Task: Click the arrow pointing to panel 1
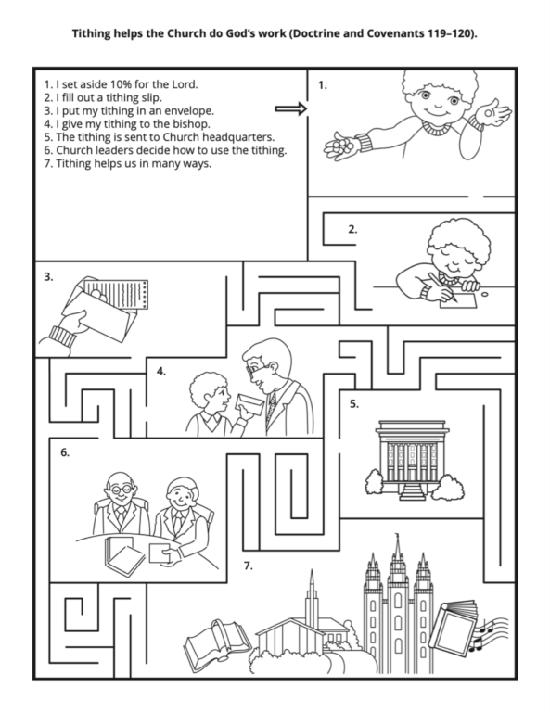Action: [x=289, y=109]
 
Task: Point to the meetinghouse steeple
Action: [x=311, y=589]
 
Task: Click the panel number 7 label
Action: [x=248, y=565]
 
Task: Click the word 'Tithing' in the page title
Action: [x=95, y=34]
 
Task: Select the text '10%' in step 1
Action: [x=118, y=83]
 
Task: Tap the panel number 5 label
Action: [x=354, y=403]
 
